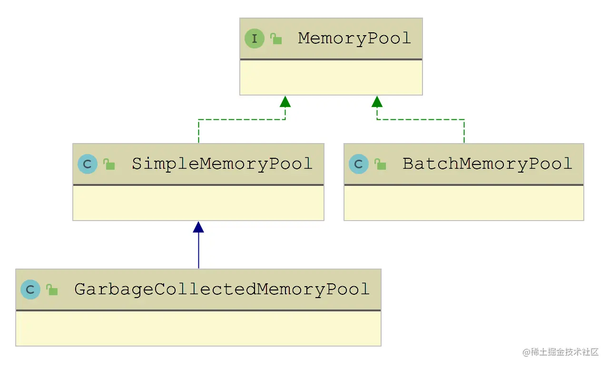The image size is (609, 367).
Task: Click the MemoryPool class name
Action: pos(354,39)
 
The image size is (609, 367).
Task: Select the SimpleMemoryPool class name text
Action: pos(222,164)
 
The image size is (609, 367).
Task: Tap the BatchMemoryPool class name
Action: pos(487,164)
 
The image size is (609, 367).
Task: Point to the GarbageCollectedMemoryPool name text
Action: pos(222,290)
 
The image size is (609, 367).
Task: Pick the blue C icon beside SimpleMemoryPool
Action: pos(88,164)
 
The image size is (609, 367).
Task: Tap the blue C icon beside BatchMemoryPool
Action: pos(359,164)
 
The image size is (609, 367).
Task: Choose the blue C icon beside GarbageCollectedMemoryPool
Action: pos(30,290)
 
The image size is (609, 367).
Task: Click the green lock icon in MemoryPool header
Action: pos(276,39)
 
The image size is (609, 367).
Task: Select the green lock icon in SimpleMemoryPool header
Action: pos(109,164)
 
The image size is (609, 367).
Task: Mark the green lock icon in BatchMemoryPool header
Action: pos(381,164)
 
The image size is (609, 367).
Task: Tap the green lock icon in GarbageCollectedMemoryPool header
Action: pos(52,290)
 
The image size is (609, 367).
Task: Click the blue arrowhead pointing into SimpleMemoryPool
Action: pos(198,227)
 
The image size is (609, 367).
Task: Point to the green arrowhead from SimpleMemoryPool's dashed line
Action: pos(285,101)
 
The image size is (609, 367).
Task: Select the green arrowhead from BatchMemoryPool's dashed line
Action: pos(377,101)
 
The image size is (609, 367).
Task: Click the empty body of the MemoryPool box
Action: pos(331,77)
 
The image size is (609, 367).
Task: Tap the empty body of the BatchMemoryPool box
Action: pos(463,203)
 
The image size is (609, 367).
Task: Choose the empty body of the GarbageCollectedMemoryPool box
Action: pos(198,328)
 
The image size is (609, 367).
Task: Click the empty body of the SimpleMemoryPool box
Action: pos(198,203)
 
